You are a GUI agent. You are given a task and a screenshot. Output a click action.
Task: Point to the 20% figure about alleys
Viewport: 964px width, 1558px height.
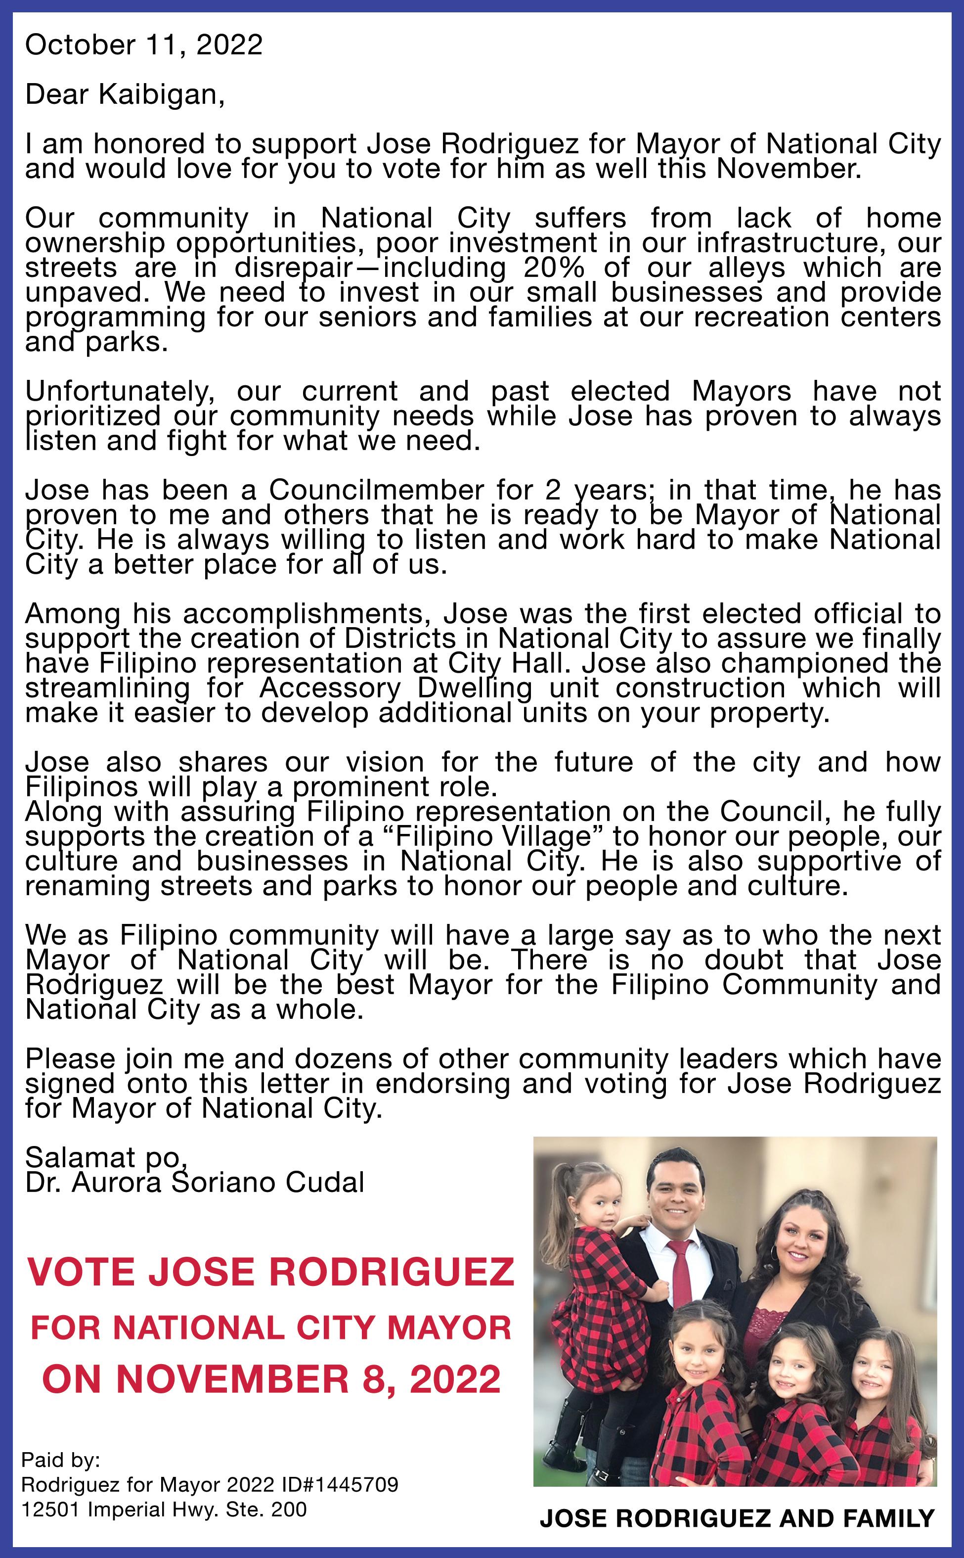[553, 268]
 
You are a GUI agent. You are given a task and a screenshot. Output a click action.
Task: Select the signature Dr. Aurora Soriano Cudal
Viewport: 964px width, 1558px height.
[194, 1183]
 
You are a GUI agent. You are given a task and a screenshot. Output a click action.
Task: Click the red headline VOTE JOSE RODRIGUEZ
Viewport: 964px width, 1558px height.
[270, 1272]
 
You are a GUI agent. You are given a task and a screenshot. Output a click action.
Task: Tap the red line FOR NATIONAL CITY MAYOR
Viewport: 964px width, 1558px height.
[270, 1328]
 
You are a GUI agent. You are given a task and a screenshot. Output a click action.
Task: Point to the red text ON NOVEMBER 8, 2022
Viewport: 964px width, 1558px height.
[270, 1379]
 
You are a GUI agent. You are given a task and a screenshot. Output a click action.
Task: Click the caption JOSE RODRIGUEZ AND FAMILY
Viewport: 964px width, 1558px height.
[737, 1518]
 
